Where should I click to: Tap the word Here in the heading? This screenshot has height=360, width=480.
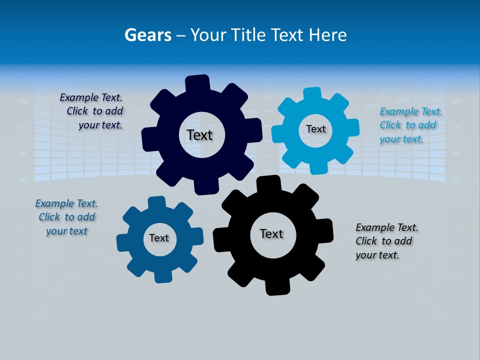tap(327, 35)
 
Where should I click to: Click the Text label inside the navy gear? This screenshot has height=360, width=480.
tap(199, 135)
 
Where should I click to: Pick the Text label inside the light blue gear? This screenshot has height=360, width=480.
tap(315, 129)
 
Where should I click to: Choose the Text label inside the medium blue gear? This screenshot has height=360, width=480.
tap(159, 238)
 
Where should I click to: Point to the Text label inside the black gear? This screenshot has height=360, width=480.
tap(271, 234)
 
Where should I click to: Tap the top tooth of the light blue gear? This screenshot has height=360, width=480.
tap(312, 94)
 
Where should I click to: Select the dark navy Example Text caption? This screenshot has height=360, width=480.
tap(93, 111)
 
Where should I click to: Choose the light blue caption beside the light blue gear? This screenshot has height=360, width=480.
tap(410, 125)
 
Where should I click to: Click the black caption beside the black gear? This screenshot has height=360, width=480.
tap(386, 241)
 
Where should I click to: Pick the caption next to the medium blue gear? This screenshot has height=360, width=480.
tap(66, 217)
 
